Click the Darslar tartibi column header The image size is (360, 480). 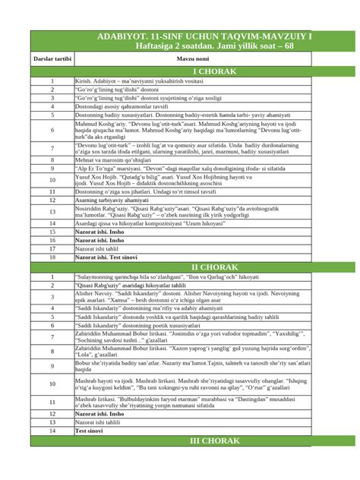click(52, 58)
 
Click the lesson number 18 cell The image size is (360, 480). click(52, 258)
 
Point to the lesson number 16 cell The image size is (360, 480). click(52, 238)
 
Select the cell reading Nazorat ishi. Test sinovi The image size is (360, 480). click(106, 258)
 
